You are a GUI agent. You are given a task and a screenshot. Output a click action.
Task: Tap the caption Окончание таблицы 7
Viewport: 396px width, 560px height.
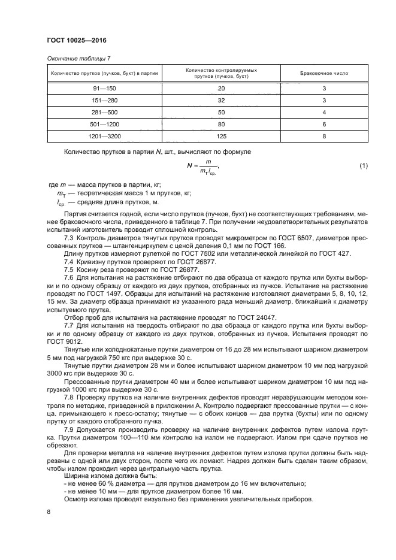(x=79, y=58)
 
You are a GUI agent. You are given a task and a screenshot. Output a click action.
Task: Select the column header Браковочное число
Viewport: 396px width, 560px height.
(x=324, y=74)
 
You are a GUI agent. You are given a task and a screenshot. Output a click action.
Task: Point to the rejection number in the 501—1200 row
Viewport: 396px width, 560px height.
(x=324, y=125)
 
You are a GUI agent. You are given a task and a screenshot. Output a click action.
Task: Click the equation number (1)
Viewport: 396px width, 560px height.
(x=363, y=165)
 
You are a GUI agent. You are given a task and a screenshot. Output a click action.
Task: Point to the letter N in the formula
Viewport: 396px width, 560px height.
(x=189, y=166)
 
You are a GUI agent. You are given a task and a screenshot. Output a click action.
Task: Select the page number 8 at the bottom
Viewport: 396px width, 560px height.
(x=49, y=511)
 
